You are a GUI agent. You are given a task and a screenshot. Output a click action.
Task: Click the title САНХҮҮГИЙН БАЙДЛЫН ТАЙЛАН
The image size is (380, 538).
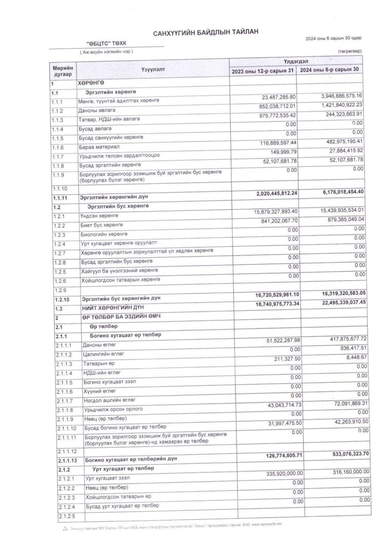(206, 34)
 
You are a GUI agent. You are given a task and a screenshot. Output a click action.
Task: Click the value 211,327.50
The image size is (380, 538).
(285, 359)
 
